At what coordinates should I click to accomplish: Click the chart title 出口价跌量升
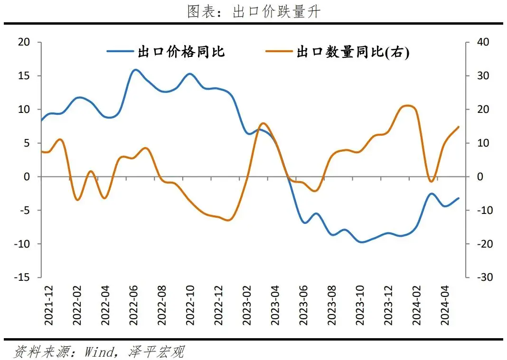click(253, 12)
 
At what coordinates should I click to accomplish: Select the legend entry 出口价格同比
click(181, 52)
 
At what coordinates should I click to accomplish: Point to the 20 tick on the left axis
click(24, 42)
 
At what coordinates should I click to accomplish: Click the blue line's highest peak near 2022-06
click(135, 70)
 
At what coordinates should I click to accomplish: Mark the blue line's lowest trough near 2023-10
click(362, 242)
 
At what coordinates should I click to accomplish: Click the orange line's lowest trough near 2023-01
click(228, 220)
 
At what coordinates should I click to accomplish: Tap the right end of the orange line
click(459, 127)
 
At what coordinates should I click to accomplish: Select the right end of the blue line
click(459, 198)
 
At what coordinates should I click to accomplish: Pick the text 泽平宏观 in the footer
click(155, 351)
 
